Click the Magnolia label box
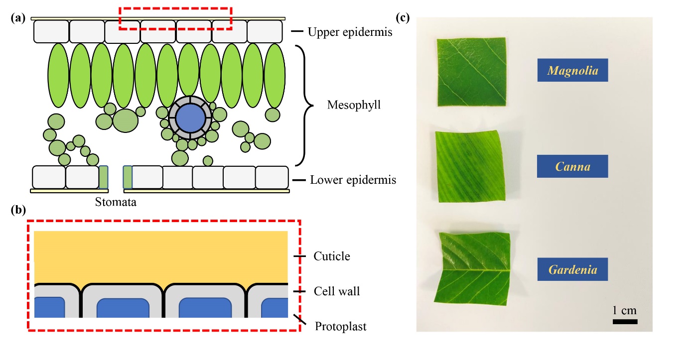[572, 70]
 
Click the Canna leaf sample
[469, 166]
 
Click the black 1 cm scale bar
[625, 322]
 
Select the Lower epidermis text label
[353, 180]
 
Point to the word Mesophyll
[354, 105]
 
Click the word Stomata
[115, 203]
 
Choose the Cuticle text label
[332, 256]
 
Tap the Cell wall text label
[337, 291]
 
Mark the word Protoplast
[341, 327]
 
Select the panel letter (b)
[18, 210]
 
